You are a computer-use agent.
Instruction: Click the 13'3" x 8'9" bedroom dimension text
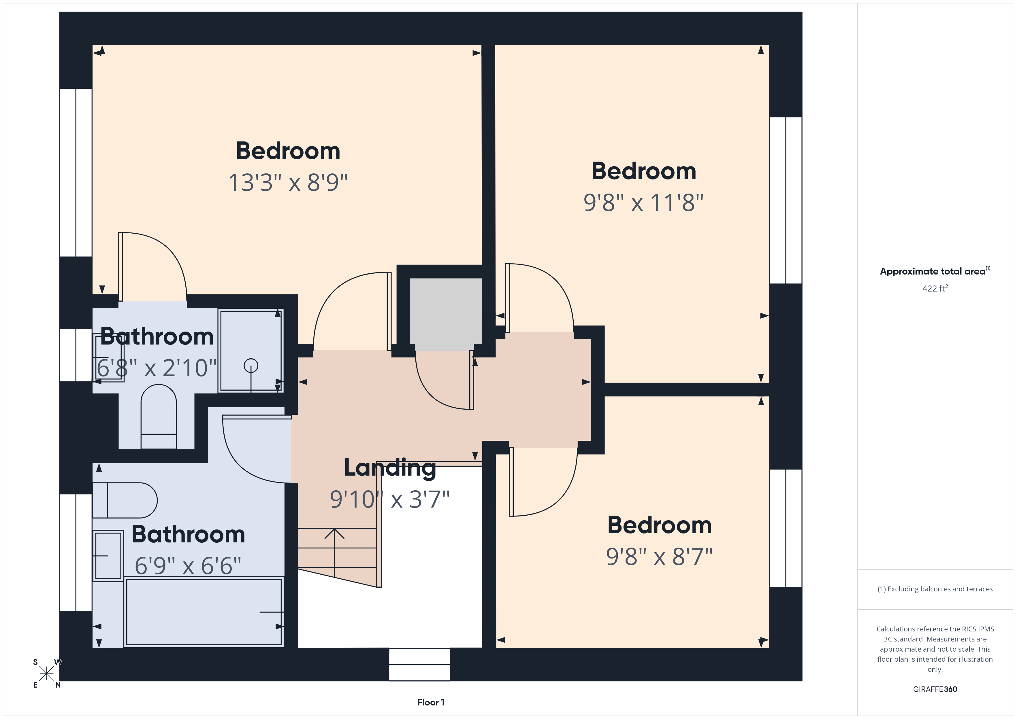288,182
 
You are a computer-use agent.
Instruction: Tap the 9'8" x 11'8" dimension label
643,203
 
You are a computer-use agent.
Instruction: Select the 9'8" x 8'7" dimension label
659,557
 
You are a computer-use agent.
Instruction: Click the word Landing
390,468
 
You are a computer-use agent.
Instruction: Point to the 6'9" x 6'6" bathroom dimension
188,566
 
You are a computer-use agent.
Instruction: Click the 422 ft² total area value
935,289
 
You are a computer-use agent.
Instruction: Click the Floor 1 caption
431,702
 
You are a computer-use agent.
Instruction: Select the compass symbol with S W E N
46,674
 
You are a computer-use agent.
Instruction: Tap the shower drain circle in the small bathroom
251,366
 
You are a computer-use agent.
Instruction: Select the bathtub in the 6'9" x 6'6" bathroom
204,612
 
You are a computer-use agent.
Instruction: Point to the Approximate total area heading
935,271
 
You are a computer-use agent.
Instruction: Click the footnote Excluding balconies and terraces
935,589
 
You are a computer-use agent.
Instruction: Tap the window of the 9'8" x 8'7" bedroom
786,528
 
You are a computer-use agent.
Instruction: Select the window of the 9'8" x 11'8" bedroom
786,200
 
